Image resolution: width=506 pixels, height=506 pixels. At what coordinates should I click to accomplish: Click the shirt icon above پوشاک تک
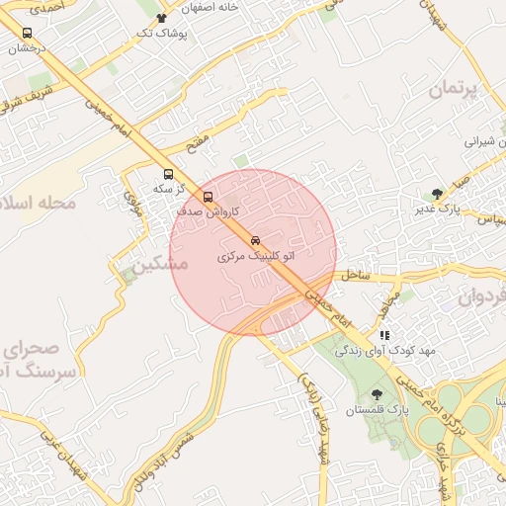pos(162,18)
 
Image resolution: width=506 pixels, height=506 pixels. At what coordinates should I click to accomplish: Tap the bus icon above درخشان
pos(27,33)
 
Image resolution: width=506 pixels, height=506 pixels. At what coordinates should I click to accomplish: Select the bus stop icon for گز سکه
pos(168,174)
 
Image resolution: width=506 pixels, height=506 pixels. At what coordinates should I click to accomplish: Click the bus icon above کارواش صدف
pos(208,196)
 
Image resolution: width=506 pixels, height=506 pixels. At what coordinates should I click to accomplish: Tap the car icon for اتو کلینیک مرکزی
pos(255,241)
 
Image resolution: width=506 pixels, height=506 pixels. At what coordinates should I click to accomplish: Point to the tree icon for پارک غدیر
pos(438,194)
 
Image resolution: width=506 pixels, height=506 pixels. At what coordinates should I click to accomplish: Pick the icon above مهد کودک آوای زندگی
pos(384,335)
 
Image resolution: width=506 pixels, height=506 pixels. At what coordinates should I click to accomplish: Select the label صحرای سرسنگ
pos(40,360)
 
